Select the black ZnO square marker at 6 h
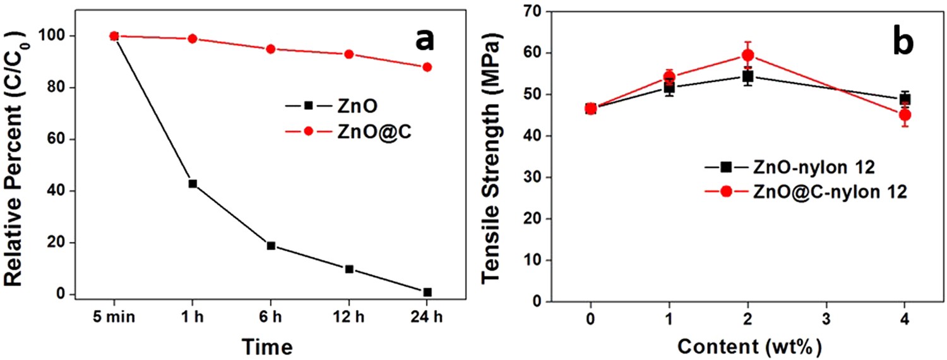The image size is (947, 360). [x=271, y=246]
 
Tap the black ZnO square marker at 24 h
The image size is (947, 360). [x=427, y=292]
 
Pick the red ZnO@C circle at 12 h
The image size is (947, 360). [x=348, y=54]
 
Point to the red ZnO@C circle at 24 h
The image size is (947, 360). [x=427, y=67]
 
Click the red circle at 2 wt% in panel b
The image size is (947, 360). [x=747, y=56]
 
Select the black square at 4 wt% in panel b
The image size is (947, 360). [x=905, y=99]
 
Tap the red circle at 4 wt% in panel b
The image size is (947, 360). [x=905, y=115]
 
